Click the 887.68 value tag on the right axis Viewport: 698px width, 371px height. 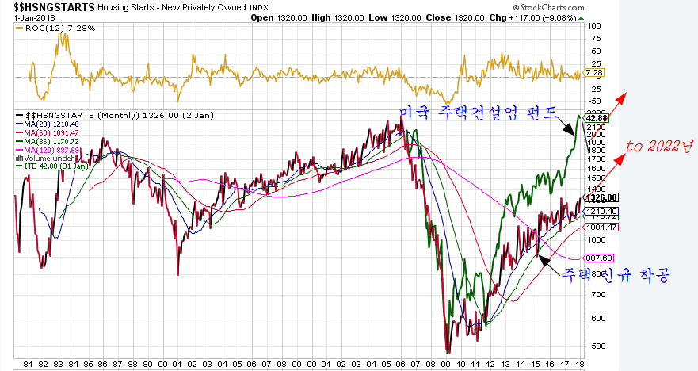(x=599, y=258)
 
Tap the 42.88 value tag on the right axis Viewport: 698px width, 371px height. (x=596, y=118)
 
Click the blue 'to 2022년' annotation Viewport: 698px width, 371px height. (x=657, y=147)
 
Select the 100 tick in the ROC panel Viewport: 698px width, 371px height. (x=593, y=25)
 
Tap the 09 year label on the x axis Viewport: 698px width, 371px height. (x=446, y=364)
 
